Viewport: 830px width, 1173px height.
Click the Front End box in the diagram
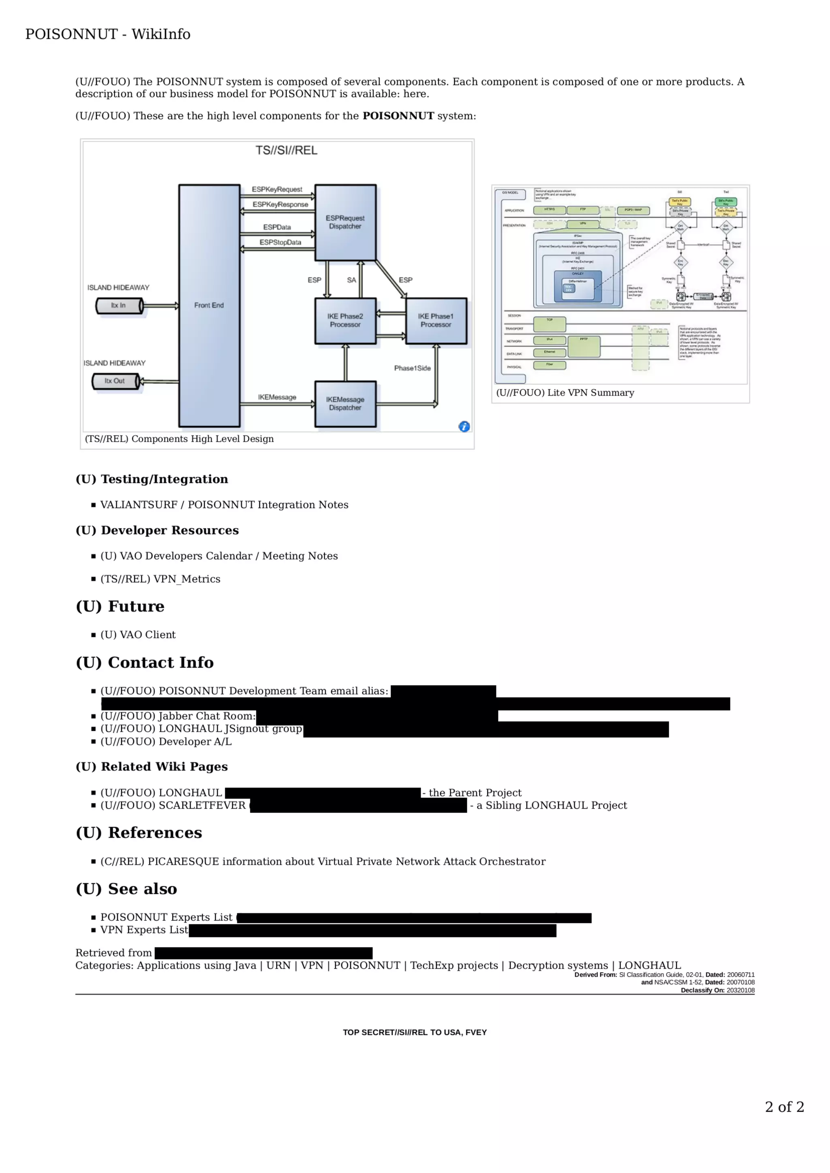click(x=209, y=306)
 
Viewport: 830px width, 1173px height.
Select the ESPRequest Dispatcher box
click(x=345, y=222)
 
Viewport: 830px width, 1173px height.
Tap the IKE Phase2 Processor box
click(x=345, y=320)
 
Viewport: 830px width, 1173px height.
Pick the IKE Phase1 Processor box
click(x=436, y=320)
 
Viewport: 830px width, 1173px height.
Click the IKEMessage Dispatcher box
click(x=345, y=404)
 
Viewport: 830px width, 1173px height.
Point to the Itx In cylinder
click(x=119, y=306)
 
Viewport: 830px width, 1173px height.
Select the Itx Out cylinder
click(x=115, y=381)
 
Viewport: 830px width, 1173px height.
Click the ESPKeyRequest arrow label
click(x=277, y=189)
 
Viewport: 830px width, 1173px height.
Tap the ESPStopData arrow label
click(x=280, y=242)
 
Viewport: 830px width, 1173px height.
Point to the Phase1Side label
click(x=412, y=368)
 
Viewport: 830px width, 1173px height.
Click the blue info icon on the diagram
click(x=464, y=427)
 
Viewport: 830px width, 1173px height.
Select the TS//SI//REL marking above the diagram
click(x=287, y=150)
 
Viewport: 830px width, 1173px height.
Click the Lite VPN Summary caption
click(x=565, y=393)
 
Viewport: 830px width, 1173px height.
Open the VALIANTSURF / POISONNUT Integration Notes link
click(x=224, y=505)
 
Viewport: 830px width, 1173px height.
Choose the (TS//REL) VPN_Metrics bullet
click(x=160, y=579)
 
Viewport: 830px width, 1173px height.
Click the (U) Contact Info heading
click(x=145, y=663)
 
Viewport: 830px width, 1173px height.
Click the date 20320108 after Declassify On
click(x=740, y=990)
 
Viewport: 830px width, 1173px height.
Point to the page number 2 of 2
click(x=784, y=1107)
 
